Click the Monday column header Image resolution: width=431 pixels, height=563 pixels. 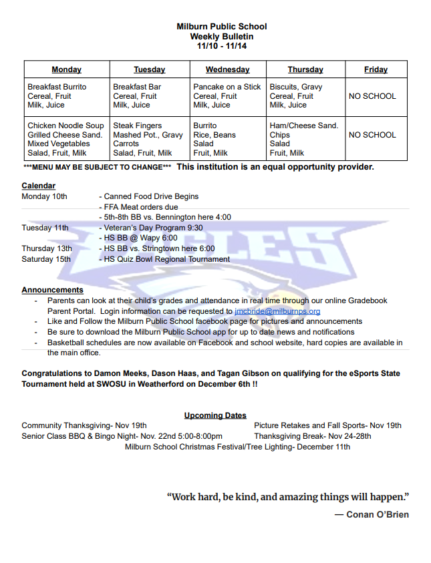(66, 69)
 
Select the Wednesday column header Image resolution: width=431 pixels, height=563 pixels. (227, 69)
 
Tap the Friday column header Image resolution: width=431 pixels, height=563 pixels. (376, 69)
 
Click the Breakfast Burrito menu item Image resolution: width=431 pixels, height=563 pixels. (57, 87)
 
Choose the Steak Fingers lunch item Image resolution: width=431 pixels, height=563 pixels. (137, 126)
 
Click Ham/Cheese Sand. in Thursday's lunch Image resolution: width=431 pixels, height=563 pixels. (303, 126)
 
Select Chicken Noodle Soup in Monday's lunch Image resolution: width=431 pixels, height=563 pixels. (65, 126)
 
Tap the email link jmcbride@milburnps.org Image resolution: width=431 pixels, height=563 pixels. (277, 311)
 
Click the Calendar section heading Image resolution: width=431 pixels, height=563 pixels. (38, 186)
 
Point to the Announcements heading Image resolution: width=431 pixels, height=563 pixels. (52, 290)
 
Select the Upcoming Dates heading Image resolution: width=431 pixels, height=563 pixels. (215, 415)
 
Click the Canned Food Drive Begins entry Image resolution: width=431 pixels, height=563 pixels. (151, 196)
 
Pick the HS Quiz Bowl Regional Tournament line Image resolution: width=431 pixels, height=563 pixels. (166, 259)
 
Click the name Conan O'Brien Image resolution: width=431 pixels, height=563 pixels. (377, 514)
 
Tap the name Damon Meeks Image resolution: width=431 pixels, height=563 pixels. (116, 374)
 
